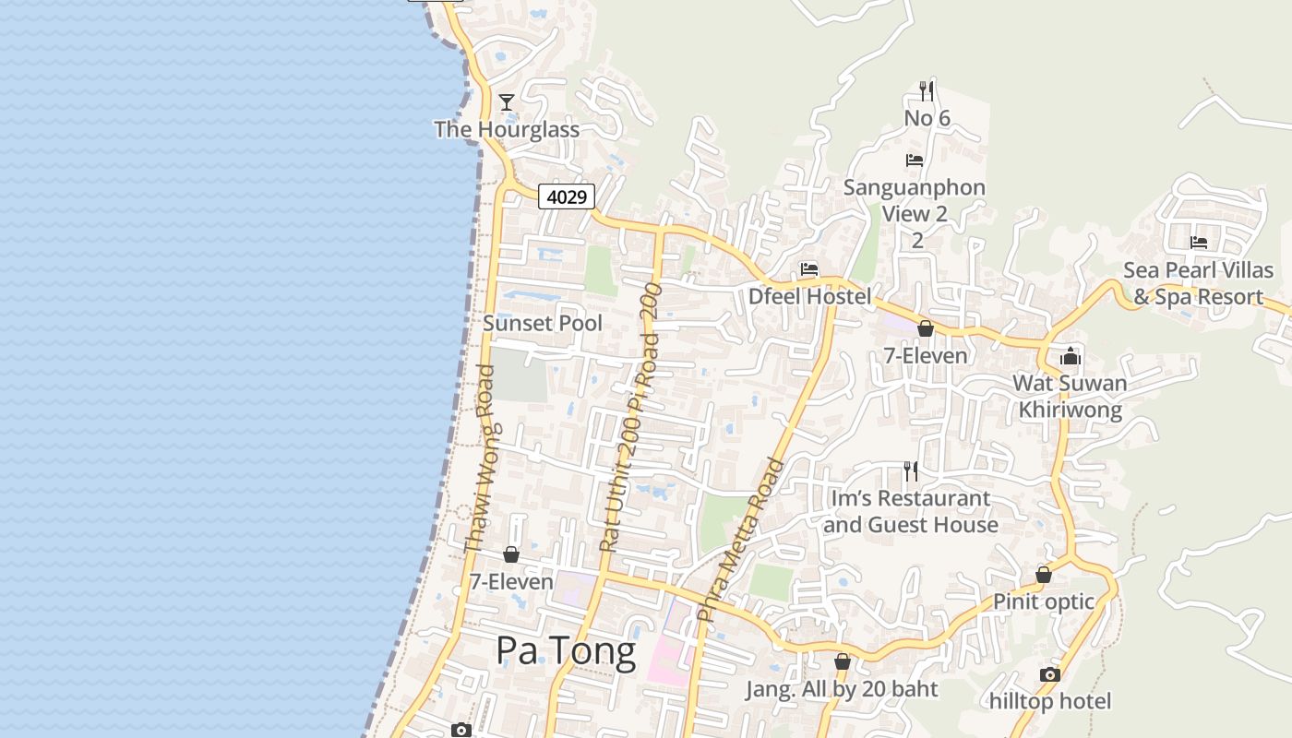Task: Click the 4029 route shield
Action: (x=567, y=196)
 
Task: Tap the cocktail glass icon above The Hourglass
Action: (x=507, y=101)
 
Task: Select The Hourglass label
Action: (x=507, y=129)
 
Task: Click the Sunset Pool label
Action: (x=543, y=323)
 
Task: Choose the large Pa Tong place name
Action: (x=566, y=651)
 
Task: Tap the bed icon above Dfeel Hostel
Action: (x=809, y=269)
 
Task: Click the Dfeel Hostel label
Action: (x=809, y=296)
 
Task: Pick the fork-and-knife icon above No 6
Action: (x=927, y=90)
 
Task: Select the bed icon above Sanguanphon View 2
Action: (x=915, y=161)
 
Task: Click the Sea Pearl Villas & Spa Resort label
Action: (x=1198, y=283)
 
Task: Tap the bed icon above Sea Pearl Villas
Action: (x=1199, y=243)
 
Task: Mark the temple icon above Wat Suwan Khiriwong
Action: (x=1071, y=356)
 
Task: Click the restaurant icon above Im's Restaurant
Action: (x=911, y=471)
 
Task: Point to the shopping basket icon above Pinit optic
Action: (x=1044, y=575)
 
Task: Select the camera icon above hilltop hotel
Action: (x=1050, y=674)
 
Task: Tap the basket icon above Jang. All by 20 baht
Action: (x=842, y=661)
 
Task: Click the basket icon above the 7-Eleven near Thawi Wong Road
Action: (x=511, y=554)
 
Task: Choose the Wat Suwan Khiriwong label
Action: (x=1070, y=396)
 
